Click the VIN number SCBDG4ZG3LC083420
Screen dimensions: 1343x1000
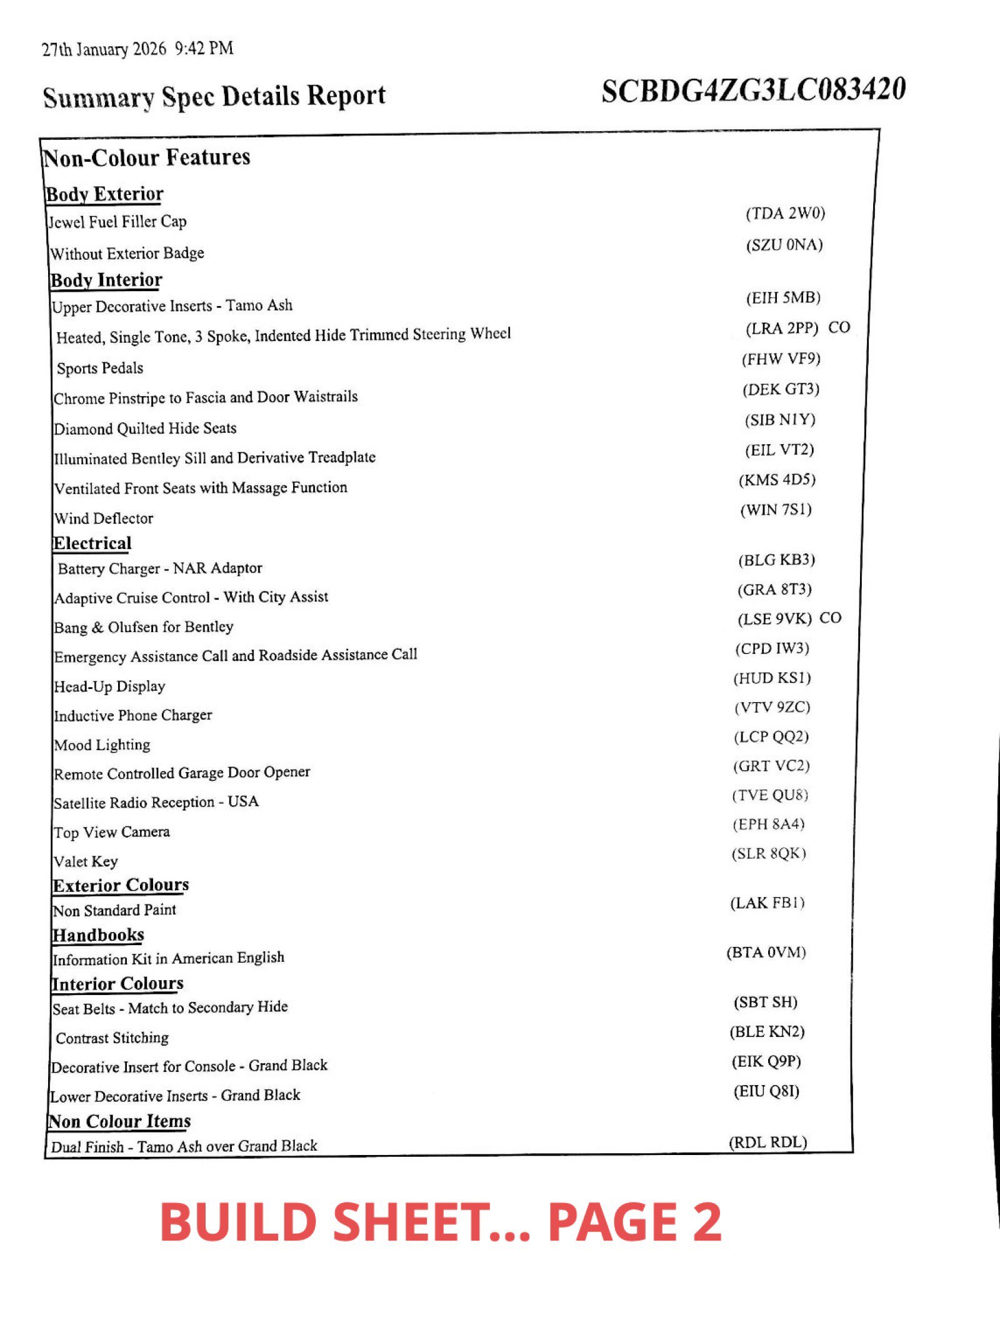(753, 91)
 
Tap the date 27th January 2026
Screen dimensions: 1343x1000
(104, 49)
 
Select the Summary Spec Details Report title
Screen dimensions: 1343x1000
(214, 97)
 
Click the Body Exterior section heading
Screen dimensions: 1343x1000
(104, 194)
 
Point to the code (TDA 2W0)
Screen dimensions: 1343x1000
(785, 214)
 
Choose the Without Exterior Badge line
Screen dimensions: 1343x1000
(127, 253)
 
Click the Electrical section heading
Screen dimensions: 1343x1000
(92, 543)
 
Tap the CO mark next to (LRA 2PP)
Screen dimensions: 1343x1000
(839, 327)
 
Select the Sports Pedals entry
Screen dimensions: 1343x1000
(100, 368)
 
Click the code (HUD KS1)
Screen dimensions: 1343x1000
(772, 678)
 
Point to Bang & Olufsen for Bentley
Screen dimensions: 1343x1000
(143, 627)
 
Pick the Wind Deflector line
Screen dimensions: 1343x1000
(103, 518)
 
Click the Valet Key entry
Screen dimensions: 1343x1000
(86, 861)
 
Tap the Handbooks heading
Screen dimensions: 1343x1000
(98, 935)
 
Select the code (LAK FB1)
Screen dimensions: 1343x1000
(767, 903)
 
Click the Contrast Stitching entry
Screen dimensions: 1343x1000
(112, 1038)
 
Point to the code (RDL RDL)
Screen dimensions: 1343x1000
(767, 1142)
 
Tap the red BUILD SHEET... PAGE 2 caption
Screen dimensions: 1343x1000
(441, 1222)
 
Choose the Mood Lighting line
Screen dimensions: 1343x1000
(102, 745)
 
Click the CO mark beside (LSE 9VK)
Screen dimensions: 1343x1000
(830, 618)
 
